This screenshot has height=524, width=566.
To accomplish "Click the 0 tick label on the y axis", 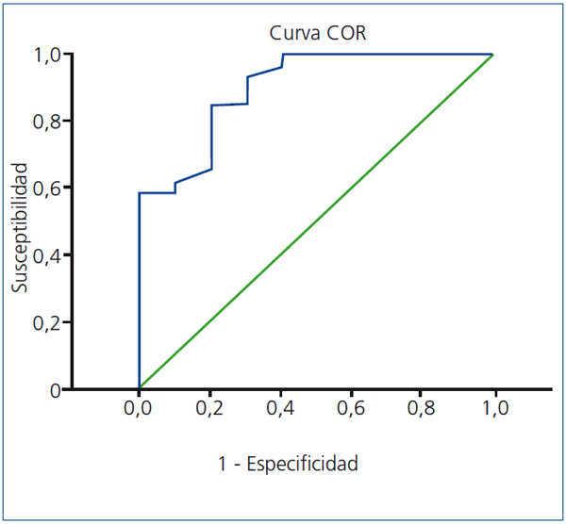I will (x=56, y=389).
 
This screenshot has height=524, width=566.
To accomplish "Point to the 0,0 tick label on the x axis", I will (x=140, y=411).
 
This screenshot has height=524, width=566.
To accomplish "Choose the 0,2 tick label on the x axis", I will (x=210, y=411).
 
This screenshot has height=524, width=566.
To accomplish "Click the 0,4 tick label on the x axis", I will (x=281, y=411).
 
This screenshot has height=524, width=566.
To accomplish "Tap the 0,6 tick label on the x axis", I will (x=352, y=411).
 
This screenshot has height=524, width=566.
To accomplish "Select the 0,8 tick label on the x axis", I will (x=423, y=411).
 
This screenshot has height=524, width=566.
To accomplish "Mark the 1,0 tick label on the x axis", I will (x=493, y=411).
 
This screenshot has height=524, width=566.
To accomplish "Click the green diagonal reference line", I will (x=316, y=221).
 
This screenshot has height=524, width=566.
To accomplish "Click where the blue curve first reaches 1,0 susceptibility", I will (x=283, y=55).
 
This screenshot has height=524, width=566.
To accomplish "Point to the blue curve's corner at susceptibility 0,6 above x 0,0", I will (x=140, y=193).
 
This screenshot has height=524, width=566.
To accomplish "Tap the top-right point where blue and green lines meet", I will (x=492, y=55).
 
